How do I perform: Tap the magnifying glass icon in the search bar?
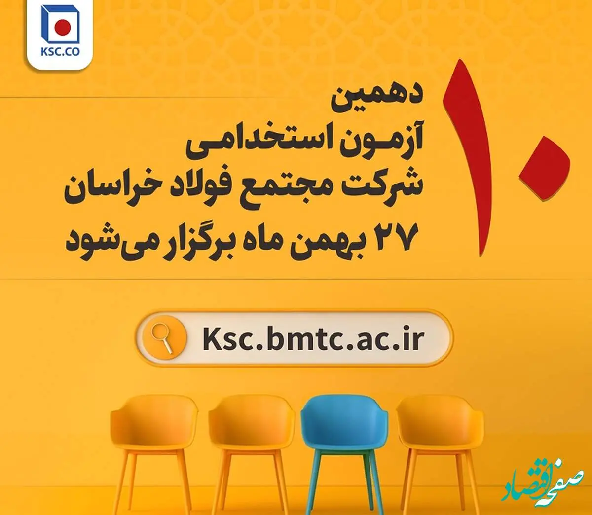pyautogui.click(x=162, y=338)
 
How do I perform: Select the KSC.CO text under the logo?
pyautogui.click(x=60, y=53)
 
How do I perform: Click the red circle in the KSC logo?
pyautogui.click(x=63, y=28)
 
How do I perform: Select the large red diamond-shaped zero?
pyautogui.click(x=544, y=168)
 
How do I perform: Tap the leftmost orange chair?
pyautogui.click(x=154, y=445)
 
